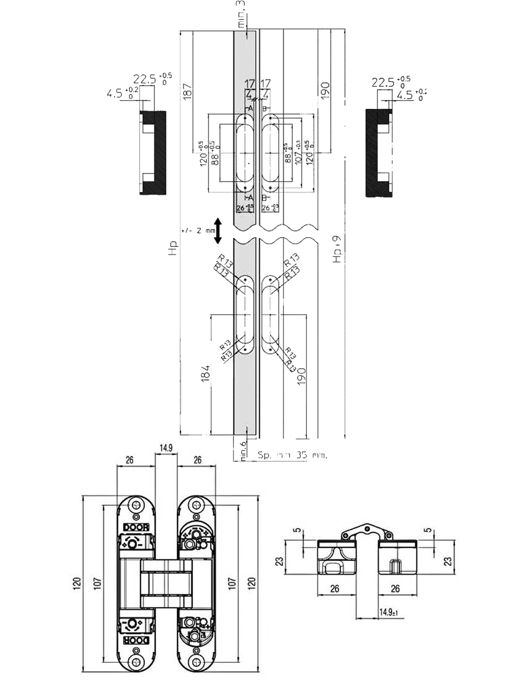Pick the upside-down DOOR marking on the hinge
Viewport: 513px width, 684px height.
pos(136,640)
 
